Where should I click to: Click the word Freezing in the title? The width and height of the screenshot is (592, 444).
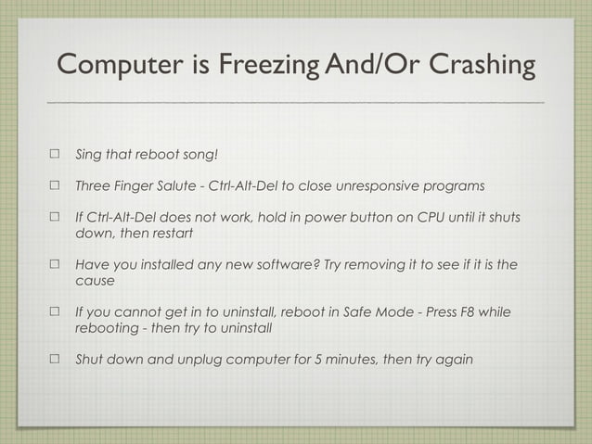(x=261, y=67)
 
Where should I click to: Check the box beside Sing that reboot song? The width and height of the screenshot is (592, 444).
(x=54, y=153)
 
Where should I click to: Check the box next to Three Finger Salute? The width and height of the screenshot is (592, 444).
(x=54, y=185)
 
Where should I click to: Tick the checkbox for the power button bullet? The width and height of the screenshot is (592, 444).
(x=54, y=218)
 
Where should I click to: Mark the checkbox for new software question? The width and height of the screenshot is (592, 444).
(x=54, y=265)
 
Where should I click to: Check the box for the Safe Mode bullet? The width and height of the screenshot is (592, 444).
(x=54, y=312)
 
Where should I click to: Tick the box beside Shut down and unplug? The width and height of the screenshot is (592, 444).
(x=54, y=360)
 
